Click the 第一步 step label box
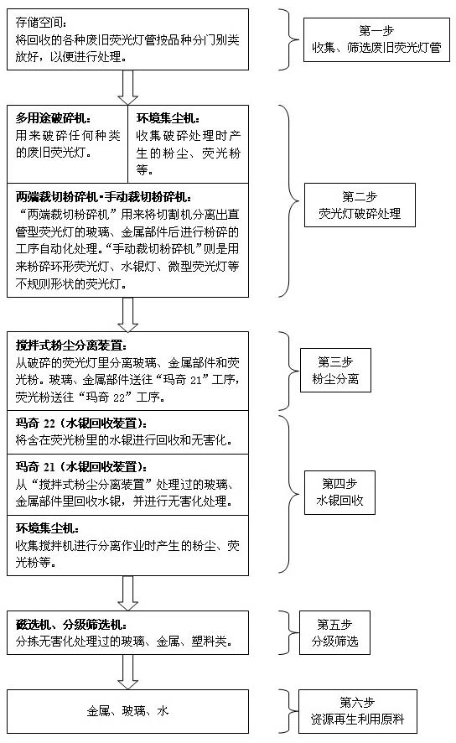[x=376, y=39]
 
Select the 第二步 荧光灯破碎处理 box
[x=360, y=205]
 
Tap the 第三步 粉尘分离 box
[x=335, y=370]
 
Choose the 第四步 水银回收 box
[x=339, y=492]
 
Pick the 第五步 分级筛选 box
[x=334, y=632]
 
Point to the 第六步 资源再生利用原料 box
[x=358, y=711]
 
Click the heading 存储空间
[x=41, y=22]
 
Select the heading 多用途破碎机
[x=53, y=118]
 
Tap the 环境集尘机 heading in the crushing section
[x=168, y=118]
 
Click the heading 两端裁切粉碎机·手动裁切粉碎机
[x=104, y=196]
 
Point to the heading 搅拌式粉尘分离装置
[x=71, y=346]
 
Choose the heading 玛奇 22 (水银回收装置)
[x=81, y=423]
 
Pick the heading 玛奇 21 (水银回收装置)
[x=81, y=467]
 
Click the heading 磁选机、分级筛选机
[x=71, y=625]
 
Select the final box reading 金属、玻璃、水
[x=128, y=711]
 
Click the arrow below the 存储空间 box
[x=128, y=88]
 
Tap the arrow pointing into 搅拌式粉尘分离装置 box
[x=128, y=314]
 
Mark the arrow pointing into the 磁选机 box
[x=128, y=593]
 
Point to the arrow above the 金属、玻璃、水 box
[x=128, y=672]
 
